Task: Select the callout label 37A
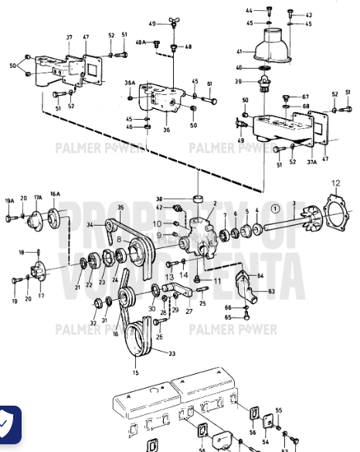click(312, 162)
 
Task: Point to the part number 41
click(239, 53)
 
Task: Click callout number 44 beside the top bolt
click(250, 10)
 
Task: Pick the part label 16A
click(55, 195)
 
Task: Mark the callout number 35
click(121, 208)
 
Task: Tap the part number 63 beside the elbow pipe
click(271, 292)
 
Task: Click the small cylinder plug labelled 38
click(198, 192)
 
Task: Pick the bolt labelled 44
click(267, 10)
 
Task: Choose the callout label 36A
click(130, 82)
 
